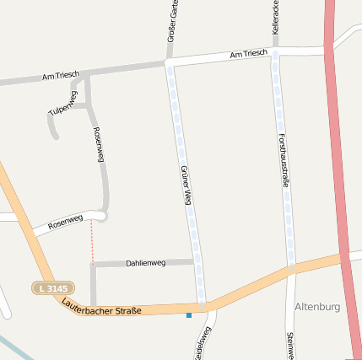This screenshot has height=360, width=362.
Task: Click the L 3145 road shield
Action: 52,289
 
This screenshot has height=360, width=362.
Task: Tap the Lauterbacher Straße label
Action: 101,307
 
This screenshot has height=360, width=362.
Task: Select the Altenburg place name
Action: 317,307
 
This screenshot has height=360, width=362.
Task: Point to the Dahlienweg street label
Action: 146,263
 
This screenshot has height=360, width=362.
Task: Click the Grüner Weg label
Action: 186,186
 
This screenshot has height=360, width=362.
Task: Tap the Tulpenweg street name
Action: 63,101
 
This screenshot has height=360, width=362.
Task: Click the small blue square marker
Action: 189,315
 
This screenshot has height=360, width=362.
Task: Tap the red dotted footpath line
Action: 92,240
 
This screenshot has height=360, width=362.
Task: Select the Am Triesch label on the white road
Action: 248,54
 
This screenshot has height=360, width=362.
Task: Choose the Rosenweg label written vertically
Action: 99,144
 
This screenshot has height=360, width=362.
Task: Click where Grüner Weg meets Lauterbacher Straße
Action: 202,304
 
